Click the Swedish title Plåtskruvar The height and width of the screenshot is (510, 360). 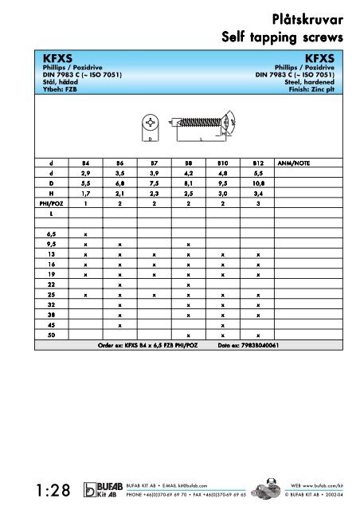pos(307,18)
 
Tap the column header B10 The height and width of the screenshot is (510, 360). pos(223,163)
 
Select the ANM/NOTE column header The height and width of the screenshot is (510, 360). pos(293,163)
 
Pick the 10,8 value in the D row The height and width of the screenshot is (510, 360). pos(258,182)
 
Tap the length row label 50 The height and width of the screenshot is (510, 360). pos(49,335)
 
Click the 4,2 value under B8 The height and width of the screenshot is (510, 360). pos(188,172)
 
